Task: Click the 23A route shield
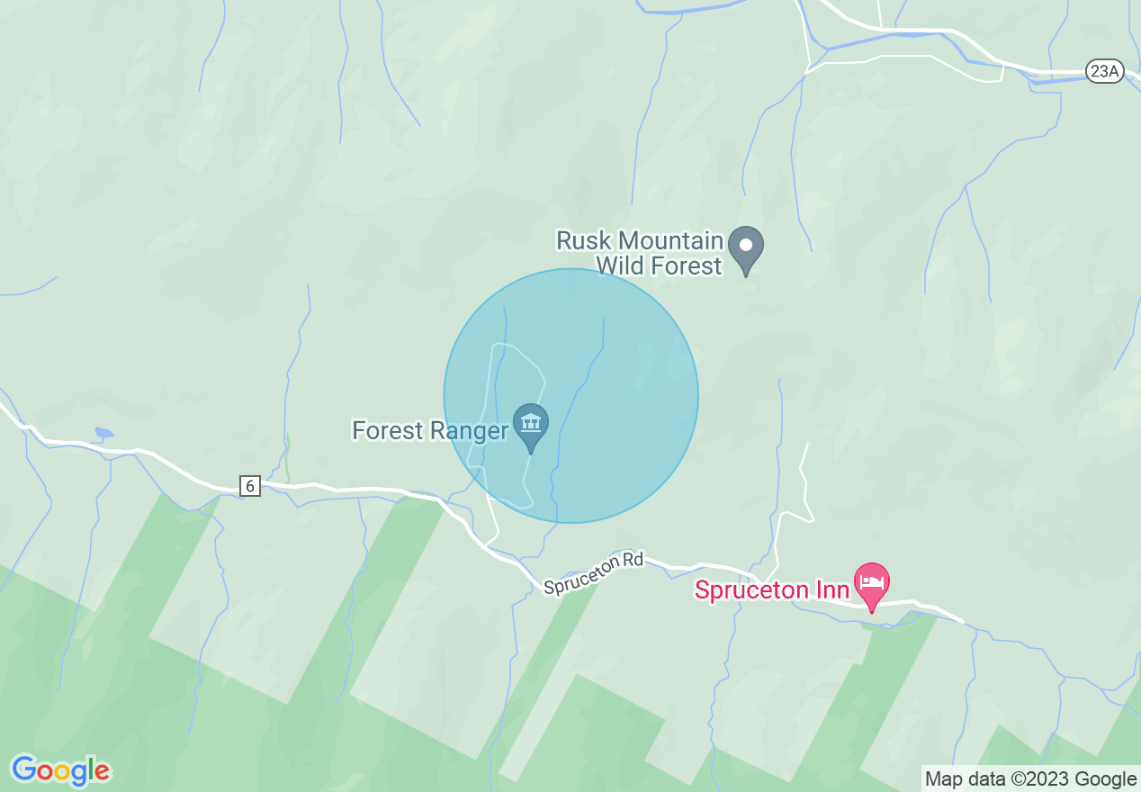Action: pyautogui.click(x=1104, y=72)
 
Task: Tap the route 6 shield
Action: pyautogui.click(x=250, y=486)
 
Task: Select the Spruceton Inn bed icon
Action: pyautogui.click(x=871, y=583)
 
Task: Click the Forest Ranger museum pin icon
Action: pyautogui.click(x=531, y=423)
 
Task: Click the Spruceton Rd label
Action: pyautogui.click(x=594, y=573)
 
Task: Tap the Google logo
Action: pyautogui.click(x=60, y=770)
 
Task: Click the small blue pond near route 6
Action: pyautogui.click(x=103, y=433)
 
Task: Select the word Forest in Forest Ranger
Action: pyautogui.click(x=387, y=431)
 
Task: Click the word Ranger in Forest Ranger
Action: pyautogui.click(x=468, y=431)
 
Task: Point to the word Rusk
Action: pyautogui.click(x=583, y=241)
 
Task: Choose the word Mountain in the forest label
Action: pyautogui.click(x=670, y=241)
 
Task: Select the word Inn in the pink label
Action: pyautogui.click(x=834, y=590)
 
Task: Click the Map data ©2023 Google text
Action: pyautogui.click(x=1030, y=779)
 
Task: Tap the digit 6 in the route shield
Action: pyautogui.click(x=250, y=486)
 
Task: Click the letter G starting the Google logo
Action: pyautogui.click(x=24, y=769)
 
